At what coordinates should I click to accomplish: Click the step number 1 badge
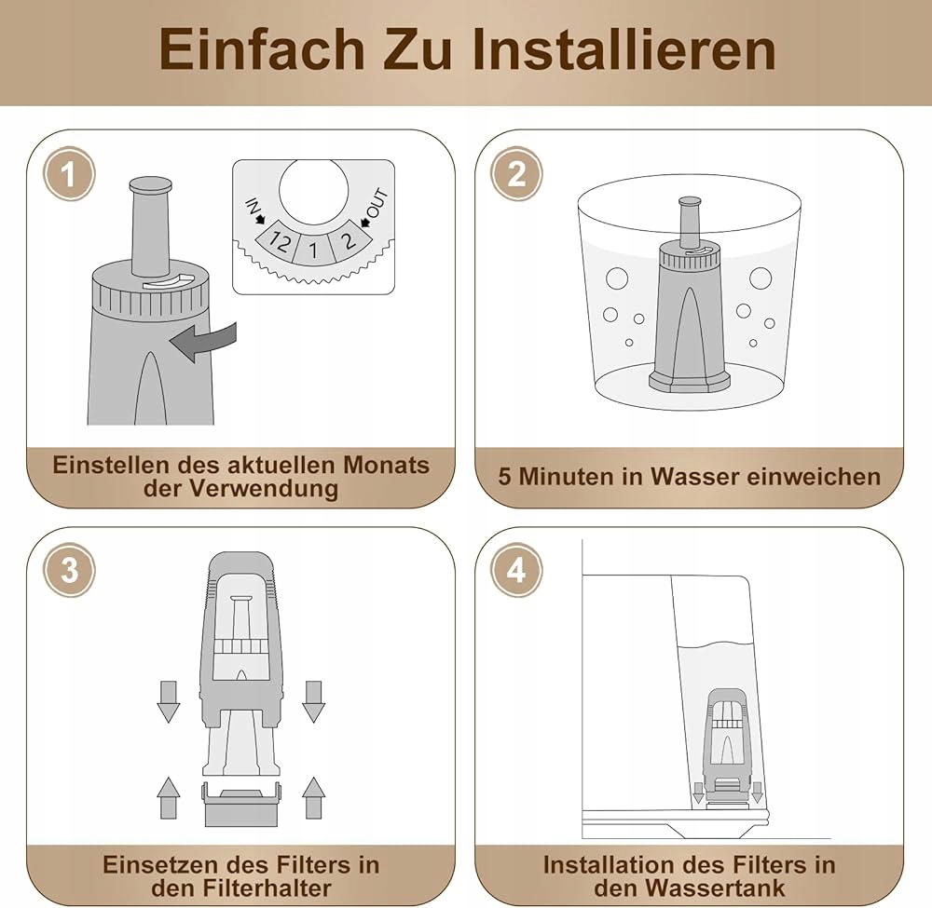(x=69, y=174)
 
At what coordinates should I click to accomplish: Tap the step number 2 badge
(x=516, y=174)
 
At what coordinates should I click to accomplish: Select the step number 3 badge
(x=70, y=570)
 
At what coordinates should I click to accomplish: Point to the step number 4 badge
(x=516, y=570)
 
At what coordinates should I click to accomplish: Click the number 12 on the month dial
(x=279, y=241)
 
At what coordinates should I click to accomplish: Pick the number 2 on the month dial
(x=349, y=240)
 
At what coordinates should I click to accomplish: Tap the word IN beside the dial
(x=253, y=208)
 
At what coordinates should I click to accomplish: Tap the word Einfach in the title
(x=262, y=50)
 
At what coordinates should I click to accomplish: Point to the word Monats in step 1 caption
(x=386, y=465)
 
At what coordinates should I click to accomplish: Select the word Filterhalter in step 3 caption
(x=267, y=888)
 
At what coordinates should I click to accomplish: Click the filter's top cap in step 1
(x=150, y=184)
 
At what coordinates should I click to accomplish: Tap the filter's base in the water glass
(x=689, y=382)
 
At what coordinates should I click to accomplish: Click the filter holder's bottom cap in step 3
(x=242, y=805)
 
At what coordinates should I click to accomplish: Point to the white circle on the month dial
(x=313, y=191)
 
